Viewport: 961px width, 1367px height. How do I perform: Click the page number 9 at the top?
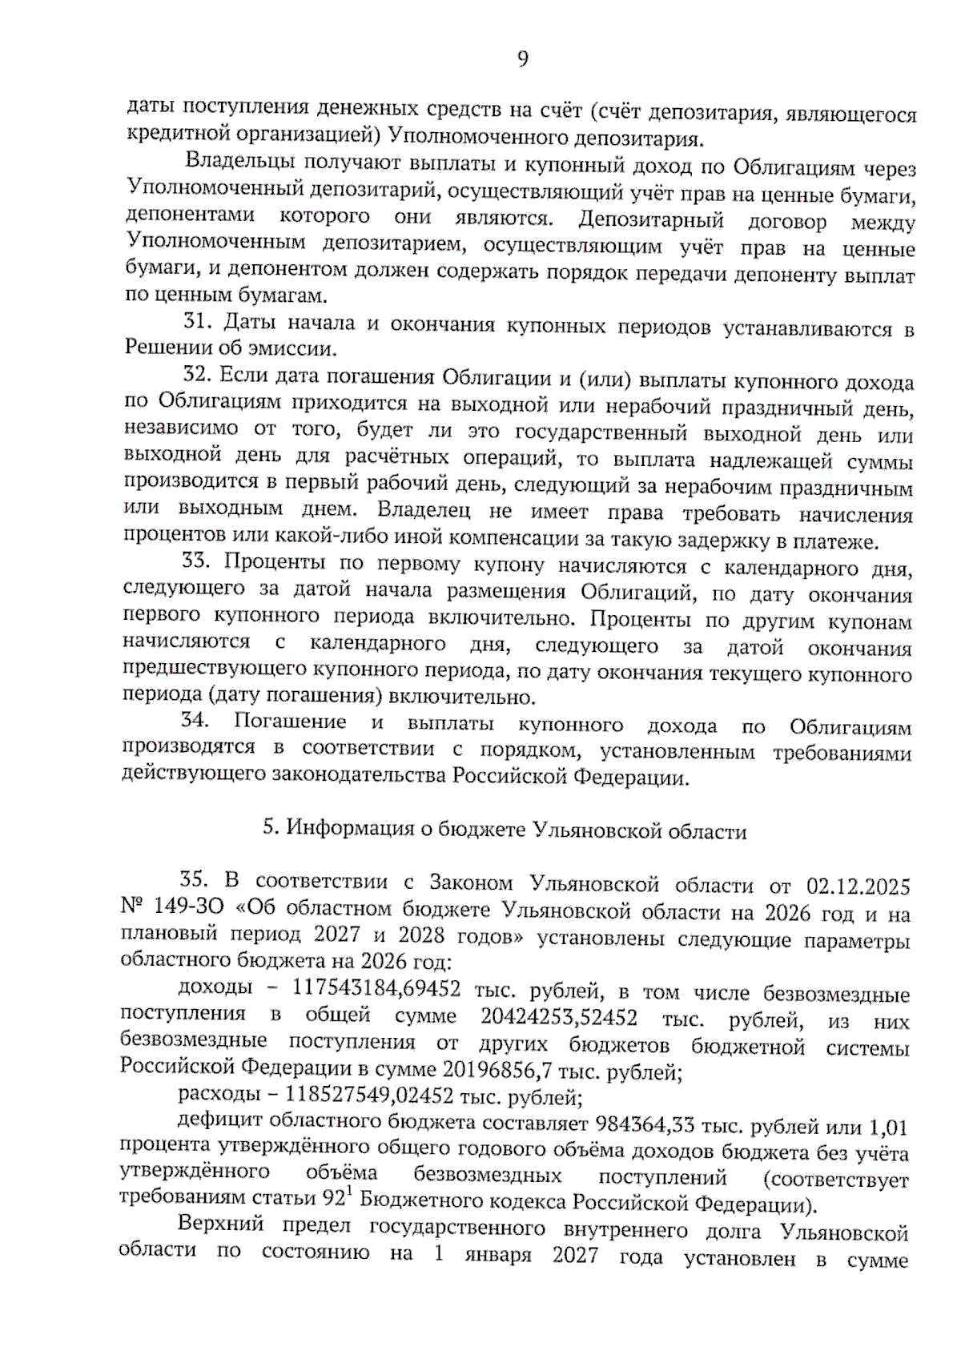pyautogui.click(x=522, y=60)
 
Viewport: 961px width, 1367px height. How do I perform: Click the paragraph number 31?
pyautogui.click(x=196, y=322)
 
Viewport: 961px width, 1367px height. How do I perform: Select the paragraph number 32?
pyautogui.click(x=196, y=375)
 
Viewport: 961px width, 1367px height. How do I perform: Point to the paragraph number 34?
pyautogui.click(x=195, y=720)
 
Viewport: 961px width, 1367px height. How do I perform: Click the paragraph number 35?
pyautogui.click(x=194, y=879)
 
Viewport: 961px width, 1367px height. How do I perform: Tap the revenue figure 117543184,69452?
pyautogui.click(x=376, y=989)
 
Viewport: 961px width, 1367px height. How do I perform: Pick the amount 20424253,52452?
pyautogui.click(x=559, y=1018)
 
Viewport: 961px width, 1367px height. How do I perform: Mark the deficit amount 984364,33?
pyautogui.click(x=643, y=1124)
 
